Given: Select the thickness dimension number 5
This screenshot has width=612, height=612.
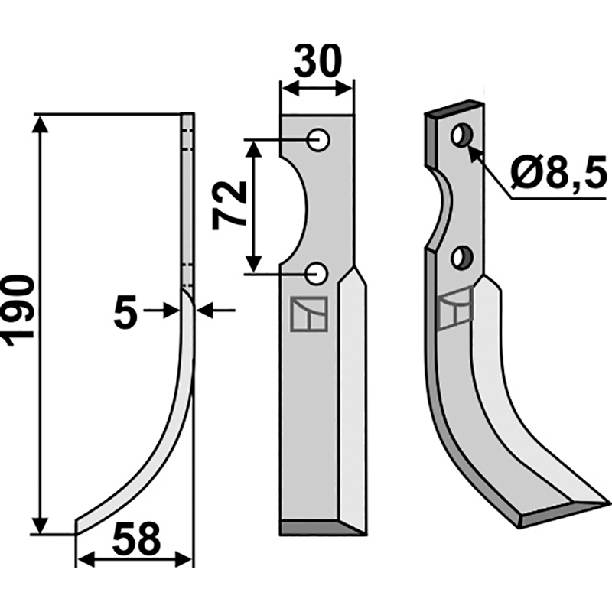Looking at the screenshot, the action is pos(125,311).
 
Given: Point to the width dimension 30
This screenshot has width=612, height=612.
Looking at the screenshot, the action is pos(317,60).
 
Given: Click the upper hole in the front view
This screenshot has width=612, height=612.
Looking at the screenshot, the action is pos(318,139).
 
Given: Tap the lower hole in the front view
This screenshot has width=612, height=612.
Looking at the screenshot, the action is pos(316,274).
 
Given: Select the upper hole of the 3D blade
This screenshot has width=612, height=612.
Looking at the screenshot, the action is pos(463,135).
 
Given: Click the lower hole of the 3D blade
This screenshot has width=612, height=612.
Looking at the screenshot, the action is pos(462,258).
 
